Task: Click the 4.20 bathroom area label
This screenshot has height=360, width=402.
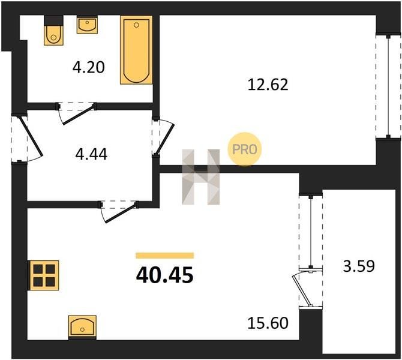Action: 89,68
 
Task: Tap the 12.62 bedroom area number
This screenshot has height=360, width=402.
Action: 268,85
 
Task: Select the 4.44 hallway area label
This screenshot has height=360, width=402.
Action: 91,154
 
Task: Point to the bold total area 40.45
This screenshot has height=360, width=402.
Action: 164,275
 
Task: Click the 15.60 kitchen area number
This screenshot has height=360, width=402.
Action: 268,323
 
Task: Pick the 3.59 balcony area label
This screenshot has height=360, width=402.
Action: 359,266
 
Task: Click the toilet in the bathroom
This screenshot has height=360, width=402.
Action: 53,31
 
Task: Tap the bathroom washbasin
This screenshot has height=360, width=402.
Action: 87,25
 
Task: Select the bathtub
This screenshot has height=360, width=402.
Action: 136,50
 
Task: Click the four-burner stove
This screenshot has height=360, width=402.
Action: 44,275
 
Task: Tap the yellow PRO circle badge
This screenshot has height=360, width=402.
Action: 245,149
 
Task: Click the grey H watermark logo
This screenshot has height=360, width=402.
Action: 201,177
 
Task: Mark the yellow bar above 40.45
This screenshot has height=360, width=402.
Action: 165,256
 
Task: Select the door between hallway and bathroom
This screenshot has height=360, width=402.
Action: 76,113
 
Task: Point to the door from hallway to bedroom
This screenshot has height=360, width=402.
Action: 163,137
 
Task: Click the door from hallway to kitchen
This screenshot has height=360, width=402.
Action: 119,211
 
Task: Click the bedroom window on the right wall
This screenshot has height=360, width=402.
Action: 388,86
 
